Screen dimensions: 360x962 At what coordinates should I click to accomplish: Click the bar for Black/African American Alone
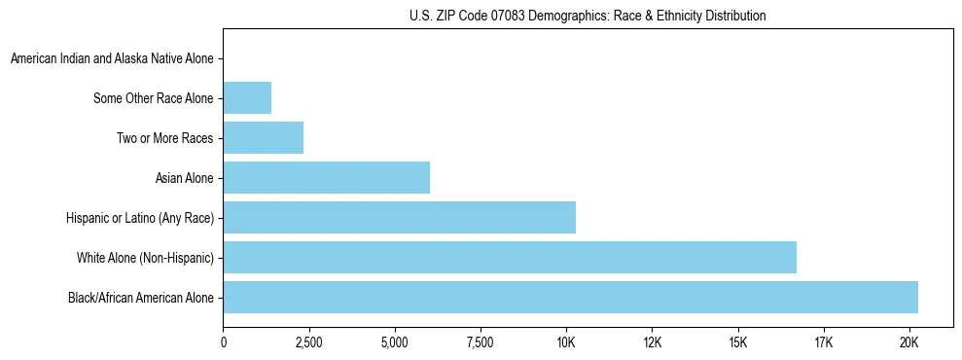(x=570, y=297)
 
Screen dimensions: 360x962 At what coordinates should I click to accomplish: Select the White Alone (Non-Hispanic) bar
(x=510, y=257)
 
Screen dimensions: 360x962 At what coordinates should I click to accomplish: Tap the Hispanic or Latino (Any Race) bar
(x=399, y=217)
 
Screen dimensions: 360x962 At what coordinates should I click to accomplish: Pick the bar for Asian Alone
(x=326, y=177)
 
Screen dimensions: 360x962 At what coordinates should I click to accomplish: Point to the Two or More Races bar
(x=263, y=137)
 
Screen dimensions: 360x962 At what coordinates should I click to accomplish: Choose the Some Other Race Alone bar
(x=247, y=97)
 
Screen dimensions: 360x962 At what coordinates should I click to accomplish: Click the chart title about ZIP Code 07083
(x=587, y=16)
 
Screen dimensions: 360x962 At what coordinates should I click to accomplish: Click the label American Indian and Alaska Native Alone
(x=112, y=58)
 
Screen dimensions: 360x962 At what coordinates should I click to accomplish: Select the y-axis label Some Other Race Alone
(x=153, y=98)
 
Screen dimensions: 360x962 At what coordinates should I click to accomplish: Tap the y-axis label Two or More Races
(x=164, y=138)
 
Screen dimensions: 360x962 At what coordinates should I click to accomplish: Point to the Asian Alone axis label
(x=184, y=178)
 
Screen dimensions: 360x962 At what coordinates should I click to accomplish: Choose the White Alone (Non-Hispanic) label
(x=145, y=258)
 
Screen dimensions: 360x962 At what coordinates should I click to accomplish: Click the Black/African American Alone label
(x=140, y=298)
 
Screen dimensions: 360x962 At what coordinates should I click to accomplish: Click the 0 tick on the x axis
(x=224, y=342)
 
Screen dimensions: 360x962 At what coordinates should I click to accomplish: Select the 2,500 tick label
(x=309, y=342)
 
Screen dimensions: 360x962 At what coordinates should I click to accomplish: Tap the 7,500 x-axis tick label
(x=481, y=342)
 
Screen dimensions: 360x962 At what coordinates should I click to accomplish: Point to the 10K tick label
(x=566, y=342)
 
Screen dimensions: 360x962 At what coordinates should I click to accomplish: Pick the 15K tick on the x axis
(x=737, y=342)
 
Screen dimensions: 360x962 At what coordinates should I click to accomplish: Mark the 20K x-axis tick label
(x=909, y=342)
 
